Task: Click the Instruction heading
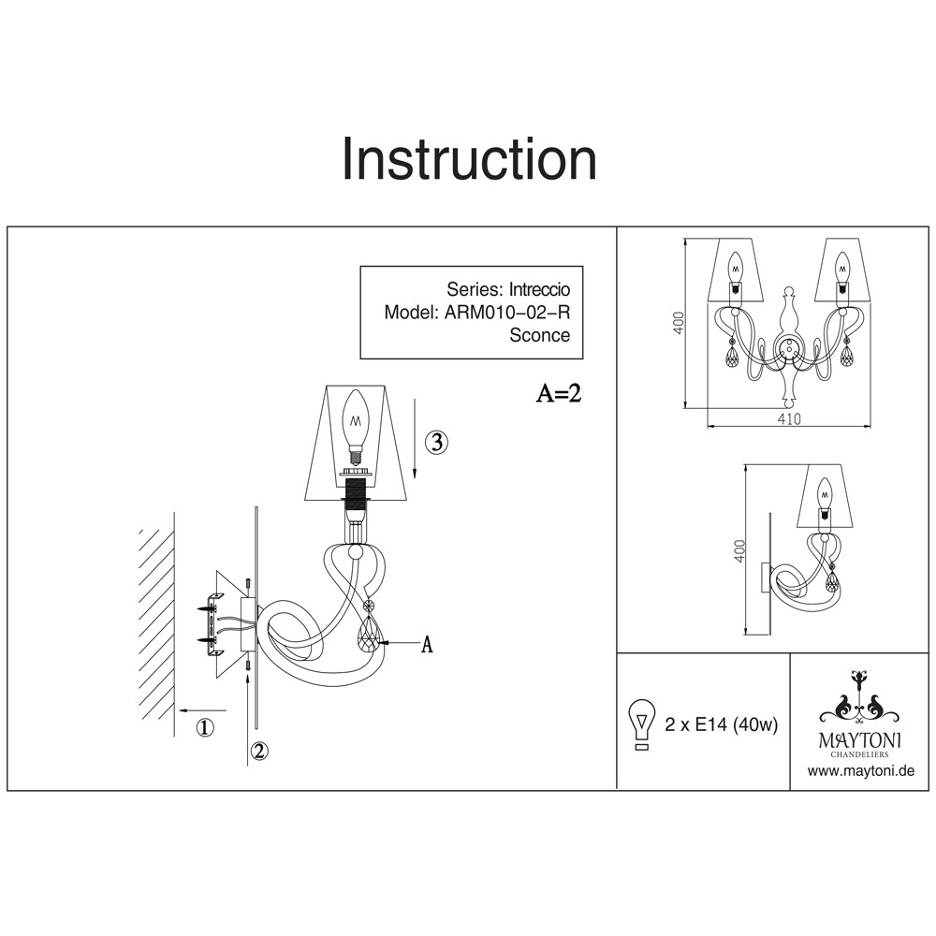[469, 159]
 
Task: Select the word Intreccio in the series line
[539, 289]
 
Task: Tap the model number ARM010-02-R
[506, 313]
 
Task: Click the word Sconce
[540, 335]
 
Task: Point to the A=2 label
[558, 393]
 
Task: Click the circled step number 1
[204, 727]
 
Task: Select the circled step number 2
[258, 751]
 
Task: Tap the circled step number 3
[436, 443]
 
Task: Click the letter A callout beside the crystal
[426, 644]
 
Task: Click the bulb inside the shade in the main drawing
[357, 428]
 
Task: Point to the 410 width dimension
[788, 419]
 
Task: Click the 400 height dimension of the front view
[679, 323]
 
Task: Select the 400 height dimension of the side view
[739, 551]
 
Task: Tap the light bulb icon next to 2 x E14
[642, 724]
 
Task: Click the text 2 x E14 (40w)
[721, 724]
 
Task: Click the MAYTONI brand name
[859, 740]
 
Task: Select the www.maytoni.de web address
[861, 770]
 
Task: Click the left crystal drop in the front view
[732, 357]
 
